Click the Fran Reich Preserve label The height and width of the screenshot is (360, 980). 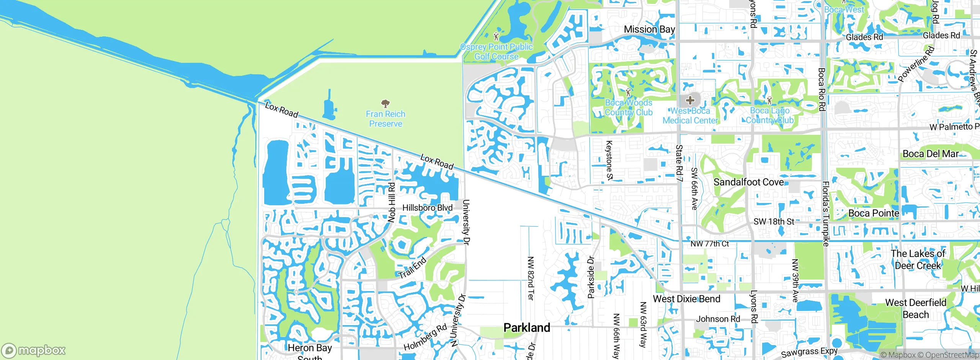(385, 119)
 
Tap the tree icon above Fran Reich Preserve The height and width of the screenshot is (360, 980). (385, 103)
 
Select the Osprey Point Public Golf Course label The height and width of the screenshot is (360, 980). (496, 52)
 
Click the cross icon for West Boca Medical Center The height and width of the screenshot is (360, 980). (690, 100)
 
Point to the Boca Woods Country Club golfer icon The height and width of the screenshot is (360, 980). (628, 92)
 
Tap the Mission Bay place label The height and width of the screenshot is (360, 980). (649, 29)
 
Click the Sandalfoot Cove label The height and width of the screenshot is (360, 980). (748, 182)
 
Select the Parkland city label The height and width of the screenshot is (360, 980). (526, 327)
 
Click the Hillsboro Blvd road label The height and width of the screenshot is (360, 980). (427, 208)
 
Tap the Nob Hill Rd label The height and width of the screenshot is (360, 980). (391, 202)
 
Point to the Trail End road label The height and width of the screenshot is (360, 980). (412, 268)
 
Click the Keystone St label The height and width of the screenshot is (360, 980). (609, 160)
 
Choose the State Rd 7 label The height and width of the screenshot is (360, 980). (679, 163)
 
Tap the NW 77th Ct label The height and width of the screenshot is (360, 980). (709, 244)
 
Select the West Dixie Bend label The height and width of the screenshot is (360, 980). (686, 299)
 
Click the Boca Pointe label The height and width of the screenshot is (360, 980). (874, 213)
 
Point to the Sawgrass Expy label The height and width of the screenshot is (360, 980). (809, 352)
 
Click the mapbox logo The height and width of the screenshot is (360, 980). (34, 350)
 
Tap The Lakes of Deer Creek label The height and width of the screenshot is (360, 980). (918, 259)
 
